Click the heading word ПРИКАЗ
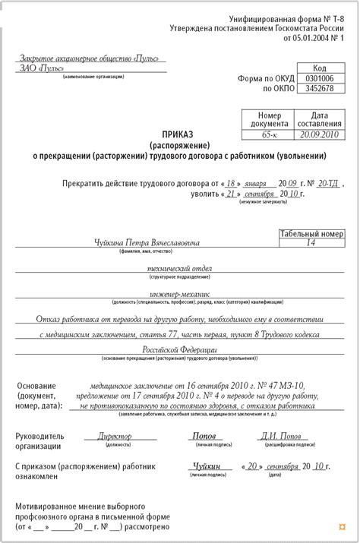pos(178,134)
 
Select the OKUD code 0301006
pos(319,78)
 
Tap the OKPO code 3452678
pos(319,89)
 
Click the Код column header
pos(319,68)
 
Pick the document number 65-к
pos(267,134)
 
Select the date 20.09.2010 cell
pos(319,134)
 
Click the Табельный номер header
pos(311,234)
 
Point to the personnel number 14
pos(311,244)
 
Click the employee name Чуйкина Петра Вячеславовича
pos(147,244)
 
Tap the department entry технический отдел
pos(179,270)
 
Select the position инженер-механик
pos(179,294)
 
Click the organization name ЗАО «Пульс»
pos(43,68)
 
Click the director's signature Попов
pos(204,437)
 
